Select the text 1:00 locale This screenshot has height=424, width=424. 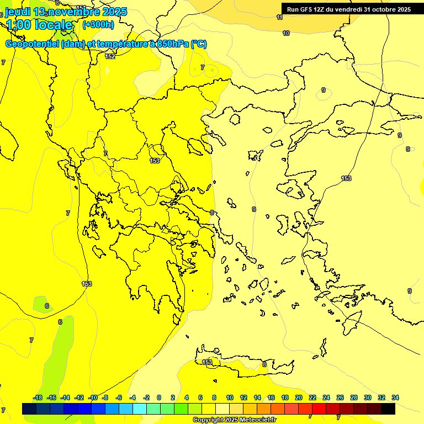[x=40, y=25]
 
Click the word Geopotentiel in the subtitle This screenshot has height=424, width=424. [x=32, y=44]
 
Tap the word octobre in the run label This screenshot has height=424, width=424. [x=377, y=9]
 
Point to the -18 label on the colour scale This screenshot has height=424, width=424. [x=38, y=397]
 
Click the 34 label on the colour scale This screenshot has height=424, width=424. [x=395, y=397]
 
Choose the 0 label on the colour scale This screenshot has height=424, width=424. [x=159, y=397]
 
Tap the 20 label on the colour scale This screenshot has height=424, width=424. [x=299, y=397]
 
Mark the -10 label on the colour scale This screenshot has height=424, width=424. [x=93, y=397]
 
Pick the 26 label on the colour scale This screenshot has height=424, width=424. [x=340, y=397]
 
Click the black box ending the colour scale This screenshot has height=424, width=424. [x=388, y=409]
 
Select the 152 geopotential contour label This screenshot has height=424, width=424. [x=110, y=56]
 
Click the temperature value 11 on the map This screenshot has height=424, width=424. [x=280, y=17]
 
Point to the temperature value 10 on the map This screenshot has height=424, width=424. [x=286, y=34]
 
